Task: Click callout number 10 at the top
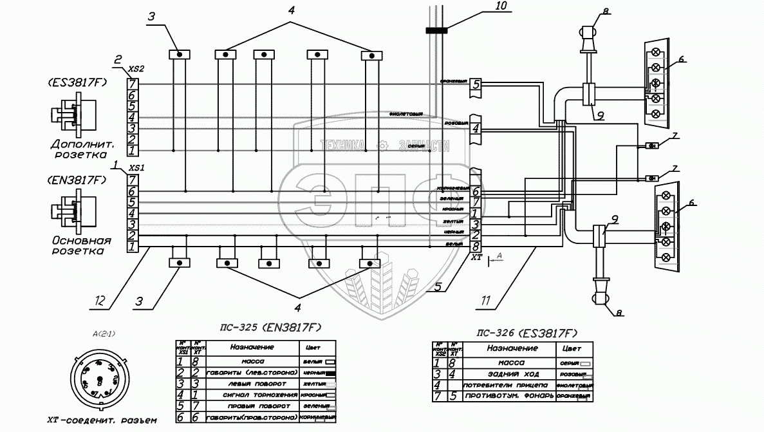click(x=500, y=7)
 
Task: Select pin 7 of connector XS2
click(x=132, y=84)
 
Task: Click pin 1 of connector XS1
click(x=132, y=247)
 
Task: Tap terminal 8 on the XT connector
click(x=476, y=246)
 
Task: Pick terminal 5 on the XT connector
click(x=476, y=84)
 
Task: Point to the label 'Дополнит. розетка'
click(x=78, y=150)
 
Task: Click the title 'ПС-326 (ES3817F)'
click(x=526, y=333)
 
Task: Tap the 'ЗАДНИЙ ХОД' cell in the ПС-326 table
click(x=512, y=373)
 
